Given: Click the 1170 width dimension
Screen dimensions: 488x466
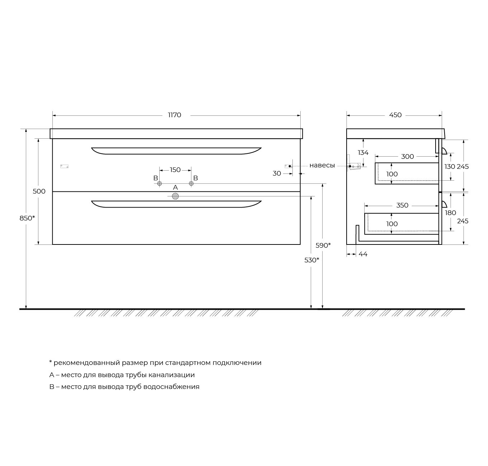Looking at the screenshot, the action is click(x=174, y=115).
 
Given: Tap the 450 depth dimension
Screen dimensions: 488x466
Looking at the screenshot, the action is click(x=395, y=115).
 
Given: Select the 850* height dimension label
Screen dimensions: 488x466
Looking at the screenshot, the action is click(x=27, y=218).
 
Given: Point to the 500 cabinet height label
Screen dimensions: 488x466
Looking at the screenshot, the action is click(x=39, y=191).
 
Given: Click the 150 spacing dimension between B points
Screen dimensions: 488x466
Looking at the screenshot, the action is click(x=175, y=170).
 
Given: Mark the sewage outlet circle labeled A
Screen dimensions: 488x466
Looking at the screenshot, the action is click(x=175, y=196).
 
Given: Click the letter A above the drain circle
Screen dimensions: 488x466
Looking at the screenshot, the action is click(x=175, y=187).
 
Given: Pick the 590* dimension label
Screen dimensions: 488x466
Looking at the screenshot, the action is click(x=323, y=246).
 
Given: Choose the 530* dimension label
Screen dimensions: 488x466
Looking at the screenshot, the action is click(x=312, y=260).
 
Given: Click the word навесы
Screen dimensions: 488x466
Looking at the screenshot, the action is click(x=322, y=165).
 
